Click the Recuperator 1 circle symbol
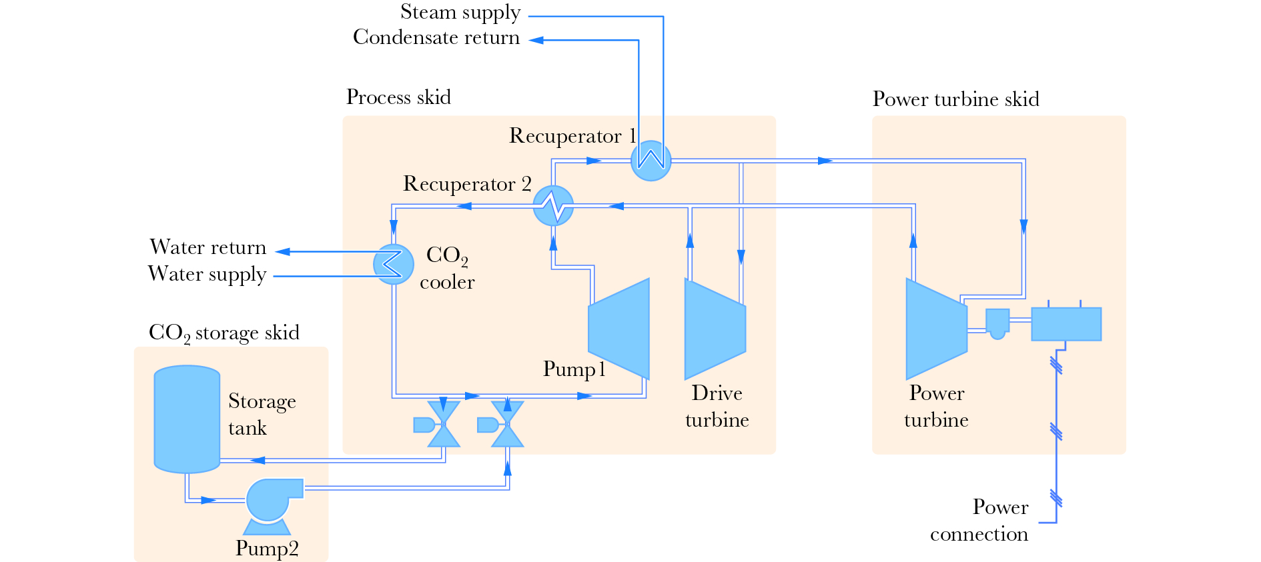click(651, 161)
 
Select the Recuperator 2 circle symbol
click(553, 205)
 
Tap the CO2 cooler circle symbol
click(394, 264)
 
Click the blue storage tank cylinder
click(187, 419)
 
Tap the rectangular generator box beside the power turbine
click(1066, 324)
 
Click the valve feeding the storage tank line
click(443, 424)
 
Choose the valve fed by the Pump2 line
click(507, 424)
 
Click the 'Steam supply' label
click(460, 12)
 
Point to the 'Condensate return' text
click(436, 37)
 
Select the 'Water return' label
click(208, 247)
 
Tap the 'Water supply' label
click(207, 274)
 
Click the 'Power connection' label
click(979, 521)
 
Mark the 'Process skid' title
click(398, 97)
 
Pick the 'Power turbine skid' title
click(956, 99)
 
